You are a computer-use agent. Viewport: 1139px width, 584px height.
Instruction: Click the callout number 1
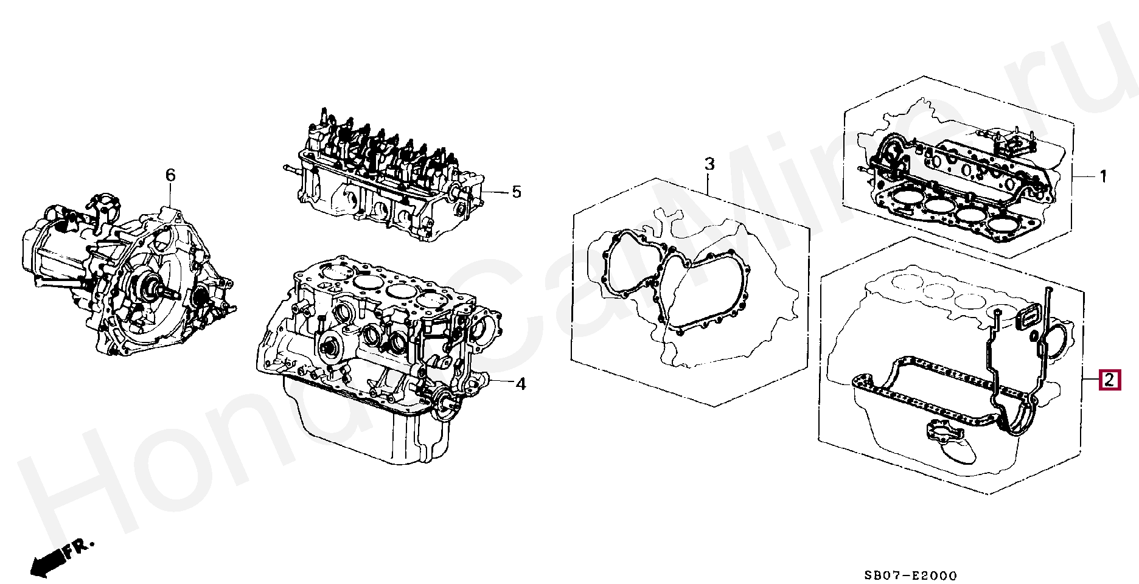1103,176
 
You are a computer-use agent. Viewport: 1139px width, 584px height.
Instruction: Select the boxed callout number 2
1109,380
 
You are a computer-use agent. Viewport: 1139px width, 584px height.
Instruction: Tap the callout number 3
709,164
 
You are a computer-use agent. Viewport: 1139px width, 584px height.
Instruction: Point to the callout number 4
520,384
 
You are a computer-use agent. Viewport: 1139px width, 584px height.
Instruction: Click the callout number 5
516,192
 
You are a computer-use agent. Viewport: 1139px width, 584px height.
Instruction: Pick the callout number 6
170,175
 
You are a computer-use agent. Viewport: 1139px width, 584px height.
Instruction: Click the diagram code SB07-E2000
911,575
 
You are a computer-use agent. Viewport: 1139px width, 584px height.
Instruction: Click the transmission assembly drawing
128,280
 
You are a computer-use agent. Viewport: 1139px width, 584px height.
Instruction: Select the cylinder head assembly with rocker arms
383,176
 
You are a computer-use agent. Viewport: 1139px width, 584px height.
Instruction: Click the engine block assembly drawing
377,341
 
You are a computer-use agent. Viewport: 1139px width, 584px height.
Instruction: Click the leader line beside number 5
495,192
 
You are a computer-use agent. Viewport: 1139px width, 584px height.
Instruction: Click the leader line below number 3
709,182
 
